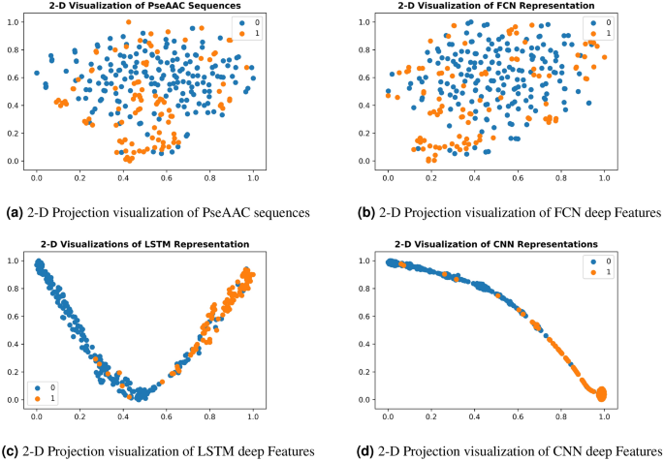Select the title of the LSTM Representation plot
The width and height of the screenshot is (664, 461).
coord(144,244)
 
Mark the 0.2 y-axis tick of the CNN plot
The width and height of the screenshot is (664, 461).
coord(365,371)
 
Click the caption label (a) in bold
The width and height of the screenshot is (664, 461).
coord(15,211)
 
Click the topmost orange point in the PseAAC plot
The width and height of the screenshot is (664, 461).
coord(128,21)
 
